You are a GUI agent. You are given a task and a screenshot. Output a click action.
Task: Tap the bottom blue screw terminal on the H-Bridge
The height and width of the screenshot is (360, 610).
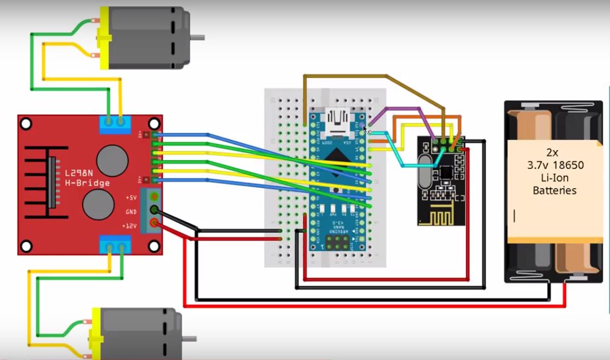(114, 247)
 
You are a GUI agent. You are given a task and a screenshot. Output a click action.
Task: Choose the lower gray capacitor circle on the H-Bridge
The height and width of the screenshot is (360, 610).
(98, 205)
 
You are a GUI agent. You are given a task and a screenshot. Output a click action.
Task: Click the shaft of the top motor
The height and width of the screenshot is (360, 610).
(196, 38)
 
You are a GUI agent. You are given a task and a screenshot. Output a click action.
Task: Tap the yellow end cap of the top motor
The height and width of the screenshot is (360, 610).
(105, 38)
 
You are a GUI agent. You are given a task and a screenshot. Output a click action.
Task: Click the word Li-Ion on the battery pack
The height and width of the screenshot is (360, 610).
(554, 178)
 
